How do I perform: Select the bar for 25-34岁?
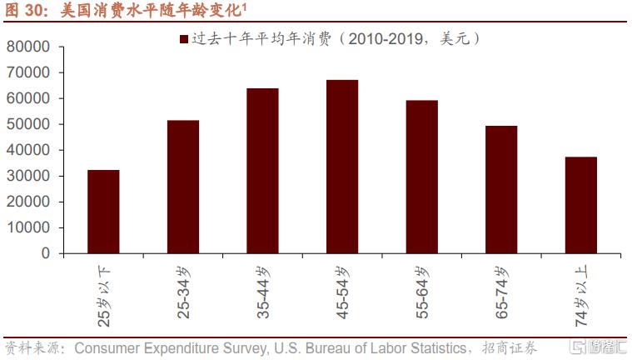pyautogui.click(x=183, y=187)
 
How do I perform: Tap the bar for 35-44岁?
pyautogui.click(x=262, y=170)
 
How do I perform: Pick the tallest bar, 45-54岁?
pyautogui.click(x=342, y=166)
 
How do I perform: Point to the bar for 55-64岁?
pyautogui.click(x=422, y=177)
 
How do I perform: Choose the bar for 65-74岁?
pyautogui.click(x=501, y=189)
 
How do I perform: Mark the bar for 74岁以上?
pyautogui.click(x=581, y=204)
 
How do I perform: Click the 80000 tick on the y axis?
pyautogui.click(x=28, y=47)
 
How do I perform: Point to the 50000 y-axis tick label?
pyautogui.click(x=28, y=124)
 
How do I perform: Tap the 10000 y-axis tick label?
pyautogui.click(x=28, y=227)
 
